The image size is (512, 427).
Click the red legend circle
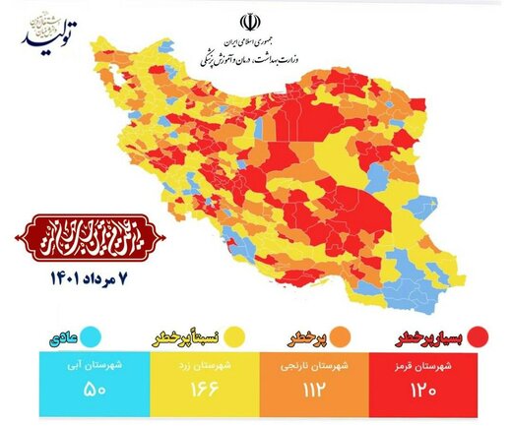coord(480,337)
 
